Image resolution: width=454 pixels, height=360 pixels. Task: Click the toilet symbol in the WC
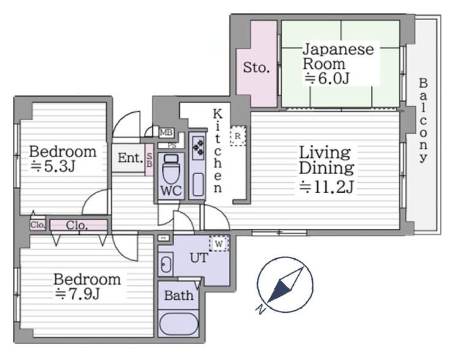(x=171, y=169)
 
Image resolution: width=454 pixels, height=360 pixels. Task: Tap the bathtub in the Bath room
(x=179, y=324)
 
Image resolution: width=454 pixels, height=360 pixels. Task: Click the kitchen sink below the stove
(x=198, y=184)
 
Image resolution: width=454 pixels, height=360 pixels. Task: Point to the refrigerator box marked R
(x=237, y=136)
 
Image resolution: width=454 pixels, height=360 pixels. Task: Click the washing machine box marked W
(x=219, y=243)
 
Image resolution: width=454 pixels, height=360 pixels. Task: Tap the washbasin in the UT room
(x=166, y=264)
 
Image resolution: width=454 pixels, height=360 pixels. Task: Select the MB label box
(x=166, y=133)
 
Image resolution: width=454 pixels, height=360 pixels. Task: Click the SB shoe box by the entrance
(x=149, y=159)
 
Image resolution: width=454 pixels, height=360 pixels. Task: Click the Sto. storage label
(x=256, y=67)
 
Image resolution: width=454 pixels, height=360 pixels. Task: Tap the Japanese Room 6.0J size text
(x=327, y=78)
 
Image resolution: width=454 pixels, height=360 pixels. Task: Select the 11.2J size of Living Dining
(x=326, y=187)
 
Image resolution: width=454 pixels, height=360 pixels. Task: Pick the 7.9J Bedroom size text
(x=77, y=294)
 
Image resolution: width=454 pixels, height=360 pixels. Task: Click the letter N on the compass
(x=261, y=310)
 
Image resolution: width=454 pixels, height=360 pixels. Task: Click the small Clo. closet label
(x=37, y=225)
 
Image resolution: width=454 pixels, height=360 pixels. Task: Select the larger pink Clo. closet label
(x=77, y=225)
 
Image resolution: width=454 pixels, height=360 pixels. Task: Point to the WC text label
(x=171, y=191)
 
